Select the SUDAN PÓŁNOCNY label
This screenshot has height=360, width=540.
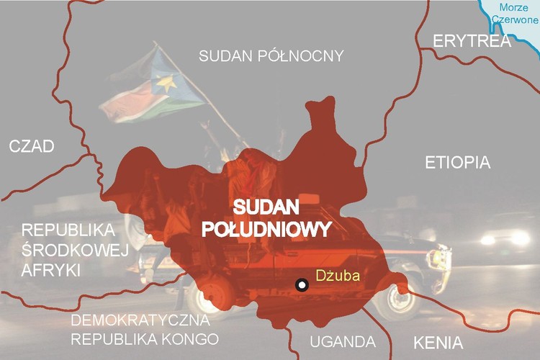click(x=271, y=55)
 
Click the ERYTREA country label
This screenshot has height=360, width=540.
click(x=472, y=41)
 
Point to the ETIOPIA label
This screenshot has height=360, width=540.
click(x=458, y=162)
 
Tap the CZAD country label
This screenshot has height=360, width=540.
click(x=31, y=147)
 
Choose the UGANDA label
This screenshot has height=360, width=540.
click(x=342, y=341)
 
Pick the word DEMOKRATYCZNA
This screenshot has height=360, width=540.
click(x=140, y=320)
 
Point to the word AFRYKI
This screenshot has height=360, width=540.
click(x=50, y=269)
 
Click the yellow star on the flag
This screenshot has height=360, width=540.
click(x=166, y=84)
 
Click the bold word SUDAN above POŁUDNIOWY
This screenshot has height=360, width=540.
click(x=265, y=207)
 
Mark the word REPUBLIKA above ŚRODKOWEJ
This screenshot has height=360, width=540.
click(x=68, y=230)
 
